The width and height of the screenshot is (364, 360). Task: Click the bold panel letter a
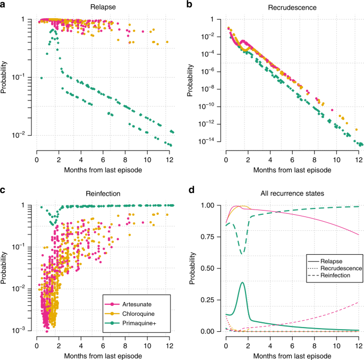(x=3, y=4)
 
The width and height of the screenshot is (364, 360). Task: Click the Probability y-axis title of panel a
(x=5, y=79)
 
